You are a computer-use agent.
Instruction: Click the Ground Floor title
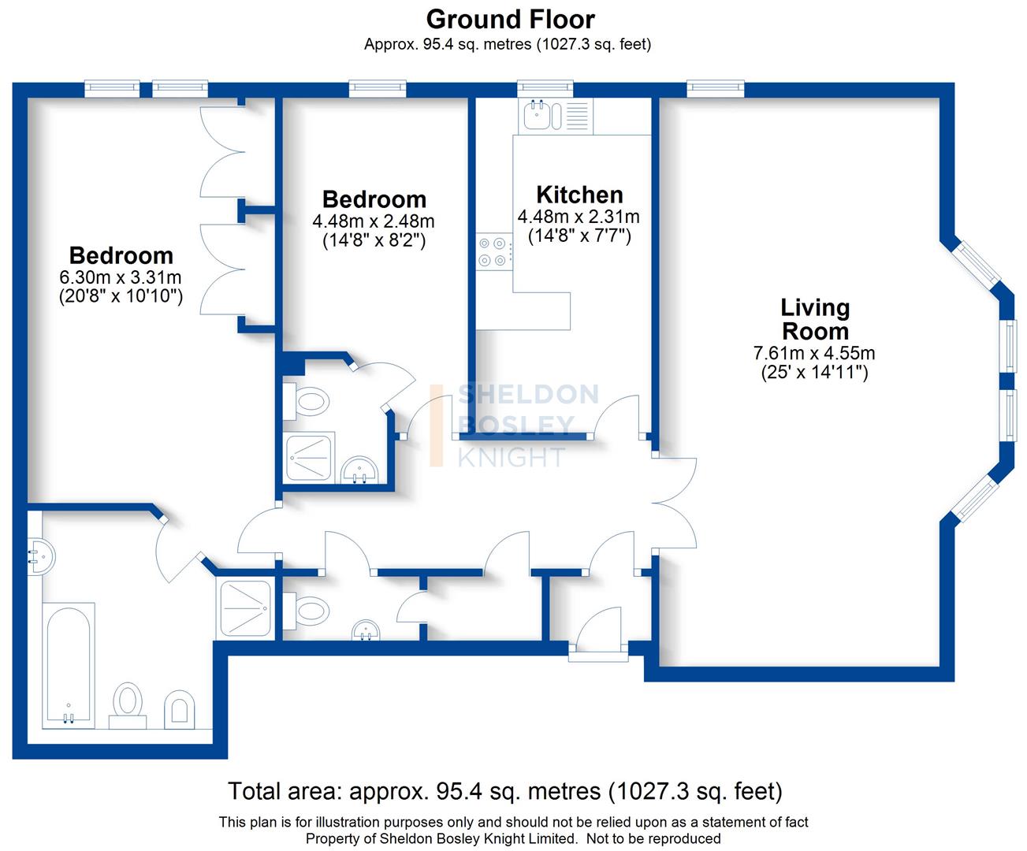pyautogui.click(x=510, y=19)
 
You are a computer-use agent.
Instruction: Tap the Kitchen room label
pyautogui.click(x=579, y=195)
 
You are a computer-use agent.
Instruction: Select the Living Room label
pyautogui.click(x=815, y=319)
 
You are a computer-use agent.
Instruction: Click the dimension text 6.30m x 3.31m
pyautogui.click(x=121, y=277)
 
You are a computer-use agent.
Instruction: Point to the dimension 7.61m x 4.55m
pyautogui.click(x=814, y=354)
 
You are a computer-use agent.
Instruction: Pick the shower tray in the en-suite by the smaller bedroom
pyautogui.click(x=310, y=456)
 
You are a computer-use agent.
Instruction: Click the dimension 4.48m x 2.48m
pyautogui.click(x=374, y=222)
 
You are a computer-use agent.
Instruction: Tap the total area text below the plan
pyautogui.click(x=504, y=790)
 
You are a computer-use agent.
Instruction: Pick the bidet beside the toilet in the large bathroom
pyautogui.click(x=180, y=710)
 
